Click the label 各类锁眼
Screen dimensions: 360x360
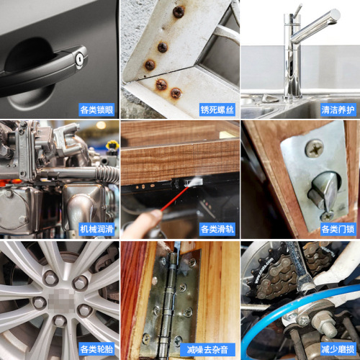96,110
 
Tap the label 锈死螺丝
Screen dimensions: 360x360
217,110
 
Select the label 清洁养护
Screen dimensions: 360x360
338,110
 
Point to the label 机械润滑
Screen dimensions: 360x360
96,230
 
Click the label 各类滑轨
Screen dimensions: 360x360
217,230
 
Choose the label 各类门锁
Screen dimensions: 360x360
338,230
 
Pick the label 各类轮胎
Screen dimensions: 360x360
96,350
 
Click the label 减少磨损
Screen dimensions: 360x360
338,350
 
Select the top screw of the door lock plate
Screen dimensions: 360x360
314,150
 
